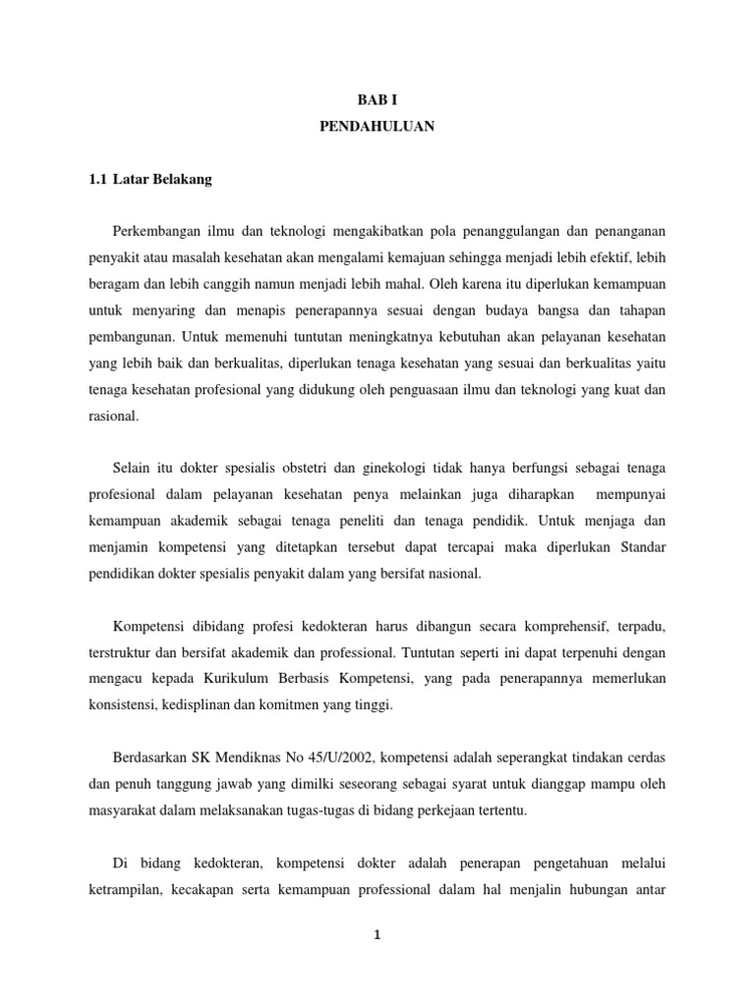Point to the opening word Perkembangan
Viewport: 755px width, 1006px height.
pyautogui.click(x=160, y=231)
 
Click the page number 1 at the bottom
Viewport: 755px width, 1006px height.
pyautogui.click(x=377, y=936)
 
